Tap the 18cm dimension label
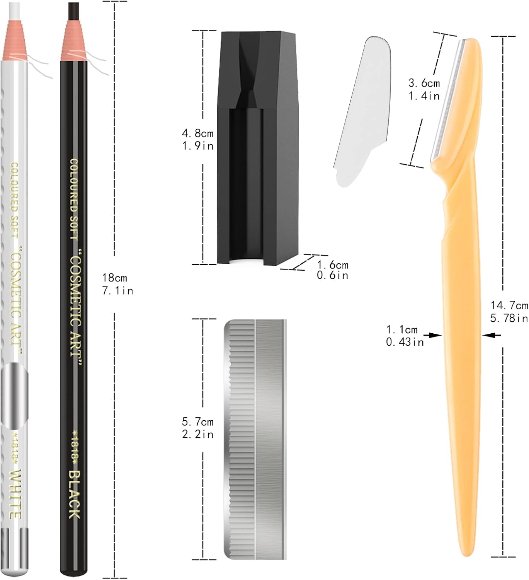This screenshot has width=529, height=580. pos(114,278)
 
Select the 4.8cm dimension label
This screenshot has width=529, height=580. pos(198,133)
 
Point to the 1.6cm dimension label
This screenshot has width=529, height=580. pos(333,265)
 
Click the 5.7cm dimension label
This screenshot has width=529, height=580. pos(198,422)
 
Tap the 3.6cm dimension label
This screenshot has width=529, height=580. pos(424,83)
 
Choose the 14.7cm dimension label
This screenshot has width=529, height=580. pos(509,305)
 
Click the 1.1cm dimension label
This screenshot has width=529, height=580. pos(402,329)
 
